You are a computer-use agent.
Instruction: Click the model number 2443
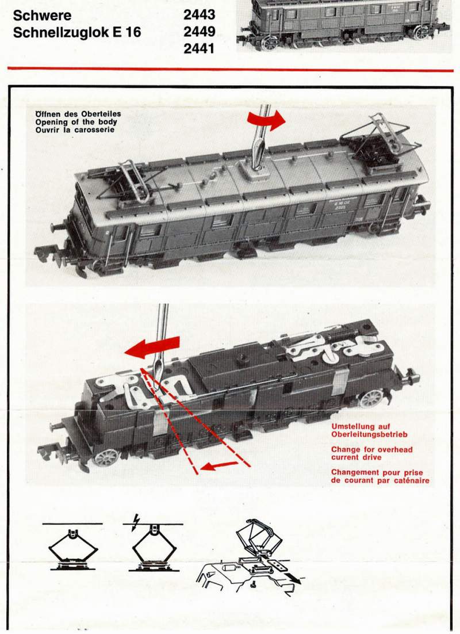(200, 15)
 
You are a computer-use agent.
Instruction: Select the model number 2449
(200, 32)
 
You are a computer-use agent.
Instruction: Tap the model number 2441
(199, 48)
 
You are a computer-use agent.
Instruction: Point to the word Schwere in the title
(42, 16)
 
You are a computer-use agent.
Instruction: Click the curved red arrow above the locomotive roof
(266, 120)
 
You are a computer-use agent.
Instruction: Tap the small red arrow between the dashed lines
(219, 466)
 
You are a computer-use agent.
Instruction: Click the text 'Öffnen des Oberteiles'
(78, 114)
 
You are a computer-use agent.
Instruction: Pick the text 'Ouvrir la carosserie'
(75, 130)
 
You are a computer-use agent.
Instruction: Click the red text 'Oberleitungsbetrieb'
(370, 434)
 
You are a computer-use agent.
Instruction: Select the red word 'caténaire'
(409, 480)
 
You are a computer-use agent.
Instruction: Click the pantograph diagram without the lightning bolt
(73, 546)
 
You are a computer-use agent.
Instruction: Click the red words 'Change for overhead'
(372, 449)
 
